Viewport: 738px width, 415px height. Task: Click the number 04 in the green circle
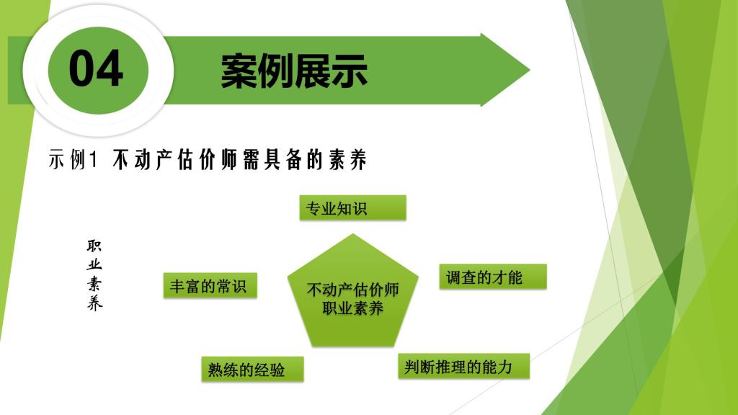click(x=96, y=68)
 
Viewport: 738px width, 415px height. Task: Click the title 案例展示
click(x=294, y=71)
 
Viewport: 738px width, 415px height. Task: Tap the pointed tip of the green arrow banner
click(x=530, y=70)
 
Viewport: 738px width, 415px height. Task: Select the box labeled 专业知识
click(x=352, y=208)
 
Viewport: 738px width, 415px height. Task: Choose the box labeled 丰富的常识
click(x=210, y=285)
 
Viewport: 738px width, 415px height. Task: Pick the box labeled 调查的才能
click(x=493, y=277)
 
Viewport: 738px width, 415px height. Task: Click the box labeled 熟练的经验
click(x=252, y=369)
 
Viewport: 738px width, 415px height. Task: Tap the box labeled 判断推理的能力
click(x=463, y=366)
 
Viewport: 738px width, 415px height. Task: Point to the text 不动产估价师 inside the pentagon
click(x=352, y=290)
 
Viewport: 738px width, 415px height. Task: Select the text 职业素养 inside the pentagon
click(x=352, y=308)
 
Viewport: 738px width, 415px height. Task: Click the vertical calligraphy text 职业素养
click(x=94, y=275)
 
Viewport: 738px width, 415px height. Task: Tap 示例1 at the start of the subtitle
click(x=73, y=159)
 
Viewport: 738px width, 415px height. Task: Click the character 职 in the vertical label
click(x=94, y=246)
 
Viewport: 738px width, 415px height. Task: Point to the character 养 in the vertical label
click(x=94, y=303)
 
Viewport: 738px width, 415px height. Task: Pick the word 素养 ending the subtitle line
click(x=348, y=159)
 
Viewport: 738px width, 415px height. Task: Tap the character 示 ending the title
click(x=350, y=71)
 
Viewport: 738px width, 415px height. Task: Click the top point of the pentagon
click(x=352, y=234)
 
